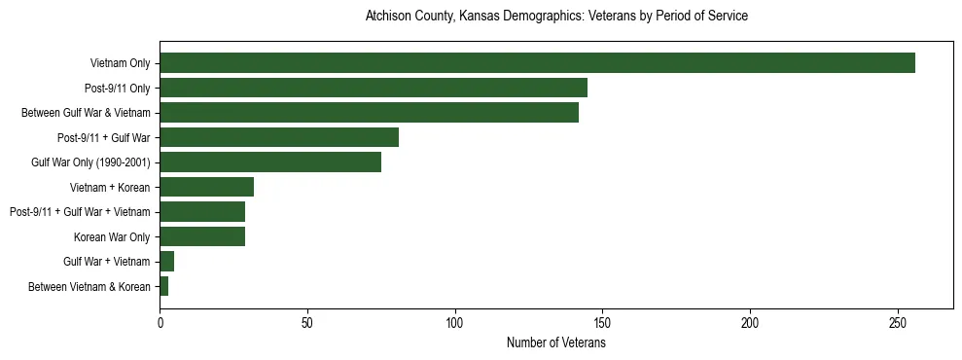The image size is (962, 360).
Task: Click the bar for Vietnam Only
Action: click(537, 63)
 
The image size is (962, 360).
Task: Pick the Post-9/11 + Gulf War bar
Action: click(279, 137)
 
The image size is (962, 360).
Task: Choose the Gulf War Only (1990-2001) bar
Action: click(270, 162)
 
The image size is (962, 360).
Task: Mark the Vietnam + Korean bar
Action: click(206, 187)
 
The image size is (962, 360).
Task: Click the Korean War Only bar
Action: click(202, 236)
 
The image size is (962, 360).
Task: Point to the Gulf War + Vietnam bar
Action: click(167, 261)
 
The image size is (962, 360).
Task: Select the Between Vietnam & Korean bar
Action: click(164, 286)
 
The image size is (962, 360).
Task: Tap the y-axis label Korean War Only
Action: click(112, 236)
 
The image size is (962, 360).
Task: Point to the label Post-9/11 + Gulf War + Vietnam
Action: click(80, 212)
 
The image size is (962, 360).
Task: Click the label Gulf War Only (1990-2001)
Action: click(90, 162)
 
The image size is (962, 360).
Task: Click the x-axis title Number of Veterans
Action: click(555, 343)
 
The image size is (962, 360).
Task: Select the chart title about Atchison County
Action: click(555, 17)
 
